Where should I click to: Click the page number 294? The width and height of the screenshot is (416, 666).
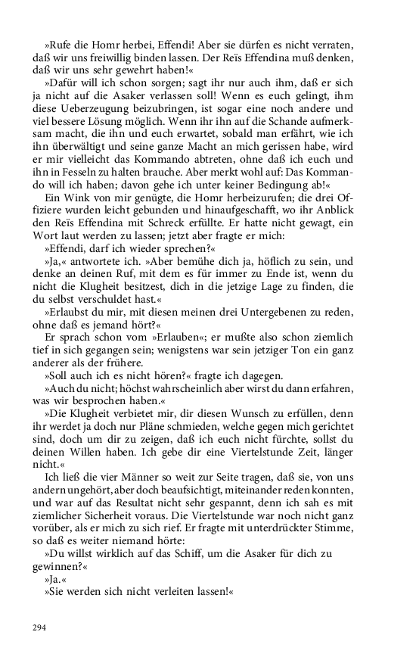pyautogui.click(x=40, y=627)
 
